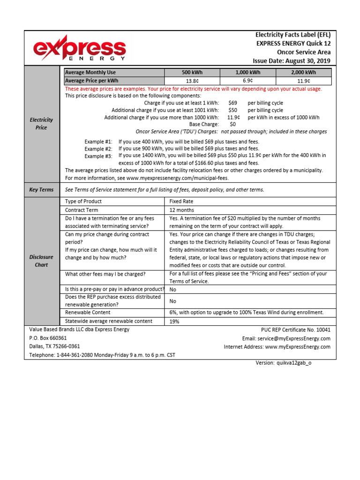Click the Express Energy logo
[79, 49]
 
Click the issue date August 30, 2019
[291, 61]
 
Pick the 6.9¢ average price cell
[248, 81]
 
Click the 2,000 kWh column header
[303, 72]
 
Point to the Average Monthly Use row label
[90, 72]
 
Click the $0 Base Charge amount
[232, 124]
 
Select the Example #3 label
[98, 156]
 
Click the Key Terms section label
[41, 190]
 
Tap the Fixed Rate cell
[181, 201]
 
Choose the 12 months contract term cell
[181, 210]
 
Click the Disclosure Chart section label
[41, 261]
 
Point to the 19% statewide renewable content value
[174, 322]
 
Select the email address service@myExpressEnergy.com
[293, 338]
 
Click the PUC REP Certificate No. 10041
[295, 330]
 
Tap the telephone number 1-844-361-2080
[75, 355]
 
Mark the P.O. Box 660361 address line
[48, 338]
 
